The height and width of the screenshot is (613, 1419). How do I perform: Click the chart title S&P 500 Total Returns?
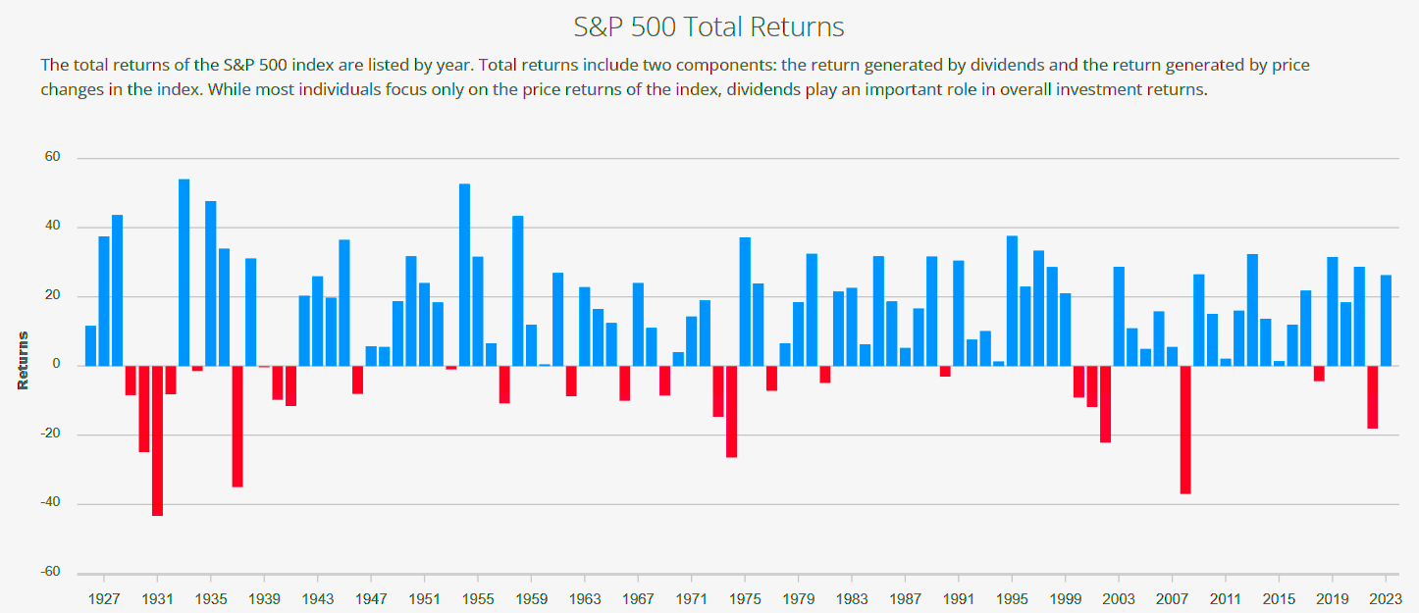(x=709, y=26)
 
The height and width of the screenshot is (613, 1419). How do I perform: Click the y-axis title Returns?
(x=23, y=360)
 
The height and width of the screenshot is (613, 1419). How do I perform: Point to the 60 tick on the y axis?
(x=52, y=157)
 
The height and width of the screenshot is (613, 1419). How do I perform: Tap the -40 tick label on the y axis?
(x=49, y=503)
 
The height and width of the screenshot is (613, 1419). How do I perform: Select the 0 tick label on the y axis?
(x=56, y=365)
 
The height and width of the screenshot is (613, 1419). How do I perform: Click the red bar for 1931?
(x=157, y=440)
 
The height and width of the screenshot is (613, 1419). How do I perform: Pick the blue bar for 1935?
(x=211, y=283)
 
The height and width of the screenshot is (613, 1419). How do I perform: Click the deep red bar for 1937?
(x=237, y=426)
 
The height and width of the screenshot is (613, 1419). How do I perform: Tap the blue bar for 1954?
(x=465, y=275)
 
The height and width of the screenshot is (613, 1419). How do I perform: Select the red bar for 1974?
(x=732, y=411)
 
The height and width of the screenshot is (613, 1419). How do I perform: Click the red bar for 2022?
(x=1373, y=397)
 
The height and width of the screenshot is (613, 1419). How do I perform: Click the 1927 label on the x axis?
(x=104, y=597)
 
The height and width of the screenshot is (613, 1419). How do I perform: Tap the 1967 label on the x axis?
(x=639, y=597)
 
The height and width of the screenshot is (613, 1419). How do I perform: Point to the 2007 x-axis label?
(x=1173, y=597)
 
